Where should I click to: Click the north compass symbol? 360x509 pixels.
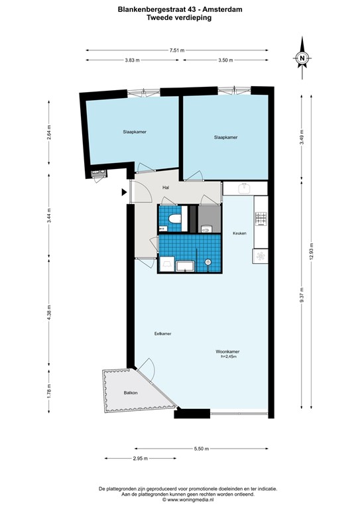[x=302, y=58]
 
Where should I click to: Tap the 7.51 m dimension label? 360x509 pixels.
[x=177, y=50]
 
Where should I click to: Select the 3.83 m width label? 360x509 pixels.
[x=132, y=60]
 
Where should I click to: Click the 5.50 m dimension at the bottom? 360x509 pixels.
[x=201, y=449]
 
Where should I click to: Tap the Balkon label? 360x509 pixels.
[x=131, y=393]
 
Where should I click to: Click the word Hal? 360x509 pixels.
[x=166, y=188]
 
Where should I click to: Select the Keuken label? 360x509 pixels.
[x=239, y=233]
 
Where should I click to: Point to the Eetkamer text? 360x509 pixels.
[x=162, y=333]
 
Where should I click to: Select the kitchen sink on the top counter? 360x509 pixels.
[x=244, y=189]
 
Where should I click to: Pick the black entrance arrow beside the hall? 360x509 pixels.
[x=124, y=193]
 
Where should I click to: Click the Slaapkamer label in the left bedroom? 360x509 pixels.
[x=135, y=133]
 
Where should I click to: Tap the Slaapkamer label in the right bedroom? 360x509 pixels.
[x=226, y=138]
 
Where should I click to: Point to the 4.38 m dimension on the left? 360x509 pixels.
[x=48, y=318]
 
